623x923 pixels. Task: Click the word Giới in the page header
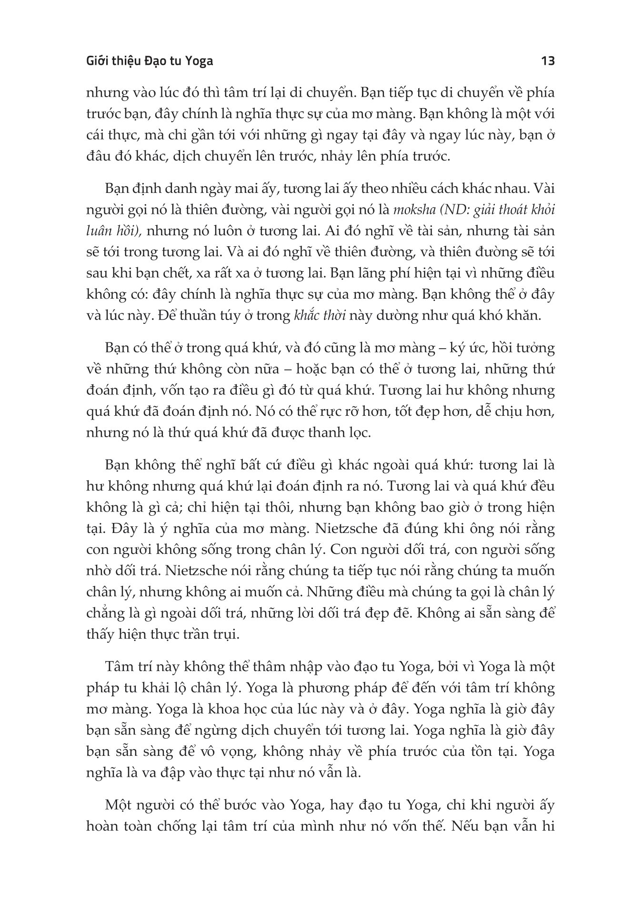pos(100,61)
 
